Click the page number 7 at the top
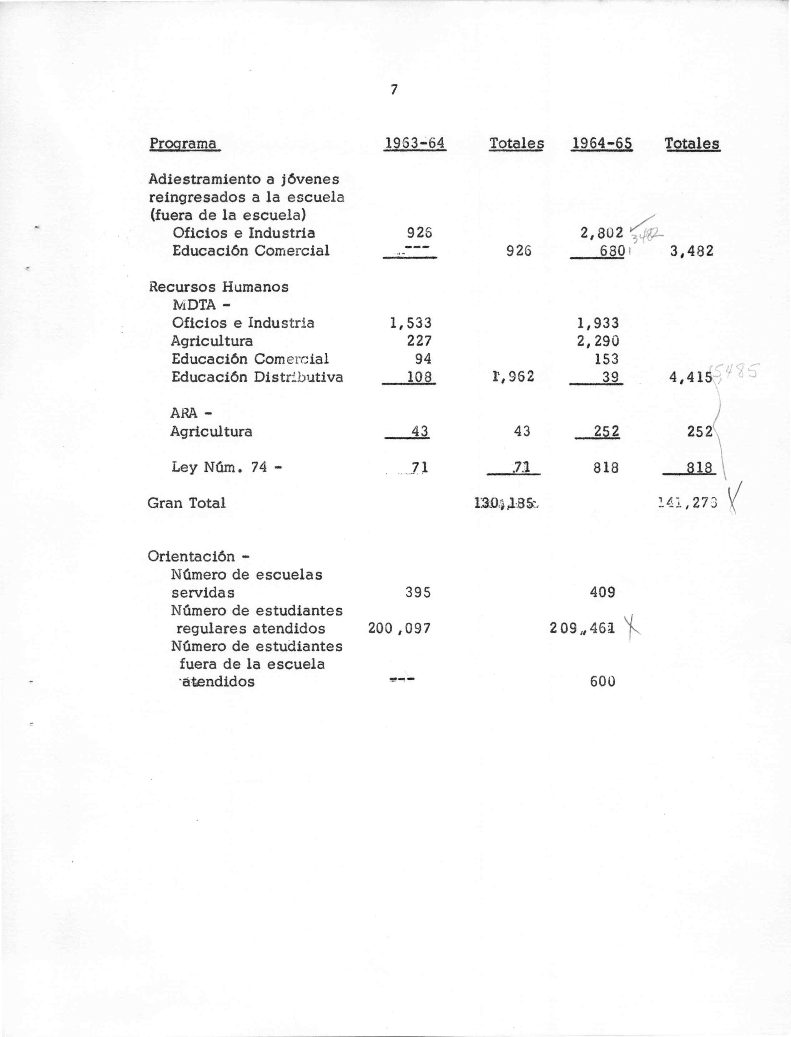tap(394, 89)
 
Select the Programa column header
tap(184, 143)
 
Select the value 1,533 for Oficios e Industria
tap(411, 323)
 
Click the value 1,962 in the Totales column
tap(513, 377)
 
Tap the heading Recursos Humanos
tap(219, 287)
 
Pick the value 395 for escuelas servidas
tap(418, 592)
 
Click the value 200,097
tap(399, 628)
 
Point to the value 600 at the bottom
tap(602, 682)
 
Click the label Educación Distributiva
tap(257, 377)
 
